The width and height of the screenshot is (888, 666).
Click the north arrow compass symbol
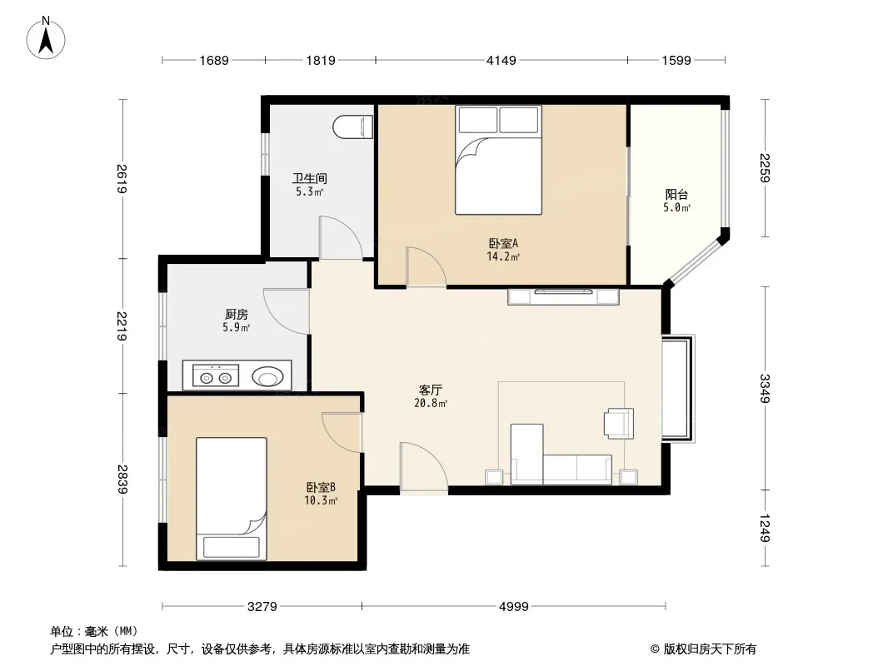[x=46, y=38]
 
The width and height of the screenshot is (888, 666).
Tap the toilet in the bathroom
[x=353, y=127]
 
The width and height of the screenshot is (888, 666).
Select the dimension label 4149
[x=501, y=60]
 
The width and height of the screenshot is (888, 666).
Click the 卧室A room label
[x=503, y=243]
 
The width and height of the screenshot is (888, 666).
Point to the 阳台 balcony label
[x=676, y=195]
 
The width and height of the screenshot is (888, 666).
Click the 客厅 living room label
[x=431, y=390]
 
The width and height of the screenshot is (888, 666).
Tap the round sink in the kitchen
[x=268, y=375]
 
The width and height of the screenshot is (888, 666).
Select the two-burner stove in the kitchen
[x=216, y=375]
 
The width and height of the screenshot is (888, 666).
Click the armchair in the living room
[x=618, y=423]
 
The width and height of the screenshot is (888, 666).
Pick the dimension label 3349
[x=765, y=388]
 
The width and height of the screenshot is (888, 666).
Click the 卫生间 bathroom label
[x=310, y=178]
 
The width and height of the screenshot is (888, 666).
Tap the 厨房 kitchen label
[x=236, y=314]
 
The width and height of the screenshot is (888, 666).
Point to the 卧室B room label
[x=321, y=487]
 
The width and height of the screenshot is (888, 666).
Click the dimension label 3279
[x=262, y=607]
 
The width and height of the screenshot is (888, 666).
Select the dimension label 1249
[x=765, y=528]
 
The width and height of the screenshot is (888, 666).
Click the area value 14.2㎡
[x=503, y=257]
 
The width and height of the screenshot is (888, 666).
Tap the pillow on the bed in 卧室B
[x=231, y=547]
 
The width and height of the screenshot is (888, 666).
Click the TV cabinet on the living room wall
[x=563, y=296]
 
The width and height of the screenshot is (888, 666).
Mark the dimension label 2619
[x=122, y=178]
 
